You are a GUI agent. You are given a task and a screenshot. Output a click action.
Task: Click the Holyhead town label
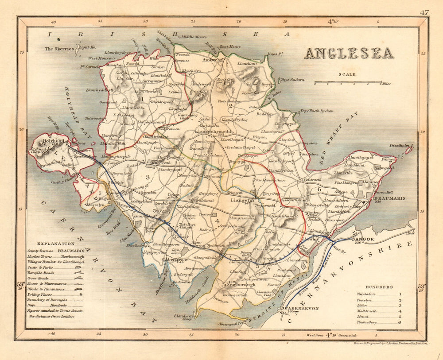(x=50, y=142)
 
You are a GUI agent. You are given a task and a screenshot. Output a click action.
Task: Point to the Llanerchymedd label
(x=213, y=132)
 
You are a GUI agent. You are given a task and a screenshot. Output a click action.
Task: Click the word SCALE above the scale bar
(x=347, y=75)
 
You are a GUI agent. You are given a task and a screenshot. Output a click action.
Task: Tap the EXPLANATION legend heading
(x=55, y=244)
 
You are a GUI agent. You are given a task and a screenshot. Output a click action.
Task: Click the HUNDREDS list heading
(x=380, y=287)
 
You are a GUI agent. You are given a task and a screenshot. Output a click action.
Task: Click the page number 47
(x=424, y=12)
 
